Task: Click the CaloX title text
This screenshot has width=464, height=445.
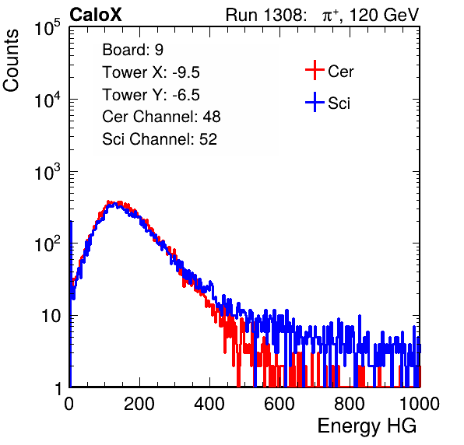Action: coord(96,15)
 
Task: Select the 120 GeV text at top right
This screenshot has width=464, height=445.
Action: coord(384,15)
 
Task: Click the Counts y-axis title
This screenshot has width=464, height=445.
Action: coord(11,61)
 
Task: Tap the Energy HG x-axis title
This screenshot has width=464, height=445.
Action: coord(367,426)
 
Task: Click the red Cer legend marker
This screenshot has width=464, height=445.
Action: coord(315,70)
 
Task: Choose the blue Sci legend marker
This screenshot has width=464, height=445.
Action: coord(315,102)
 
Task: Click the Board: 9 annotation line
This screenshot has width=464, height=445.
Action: coord(133,50)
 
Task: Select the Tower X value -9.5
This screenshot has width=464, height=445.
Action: coord(186,72)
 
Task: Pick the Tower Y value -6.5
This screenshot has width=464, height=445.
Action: coord(186,95)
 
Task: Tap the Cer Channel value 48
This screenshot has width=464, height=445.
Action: coord(212,117)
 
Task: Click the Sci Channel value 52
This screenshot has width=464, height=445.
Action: coord(208,139)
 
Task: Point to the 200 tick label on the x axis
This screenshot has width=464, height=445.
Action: coord(139,404)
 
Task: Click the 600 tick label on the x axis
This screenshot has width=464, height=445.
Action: coord(279,404)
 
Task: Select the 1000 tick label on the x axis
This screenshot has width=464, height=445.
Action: coord(420,404)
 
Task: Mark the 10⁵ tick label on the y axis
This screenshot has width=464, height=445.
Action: coord(47,28)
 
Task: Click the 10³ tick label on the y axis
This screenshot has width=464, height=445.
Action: coord(47,172)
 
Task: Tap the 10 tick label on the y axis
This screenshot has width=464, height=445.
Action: coord(51,316)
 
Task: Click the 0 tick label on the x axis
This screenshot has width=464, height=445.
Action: coord(69,404)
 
